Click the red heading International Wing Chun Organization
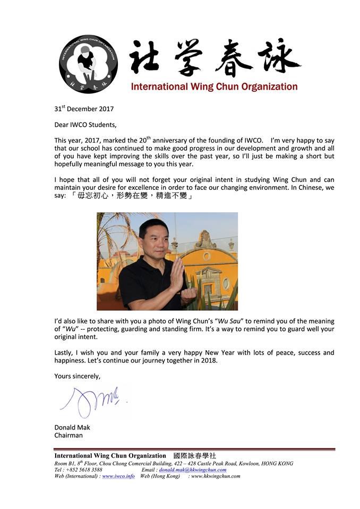(214, 86)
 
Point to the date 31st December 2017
(84, 109)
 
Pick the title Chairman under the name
(68, 435)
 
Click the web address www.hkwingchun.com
(216, 476)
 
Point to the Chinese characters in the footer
(195, 455)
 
